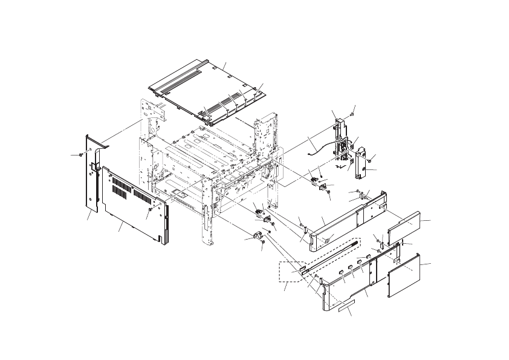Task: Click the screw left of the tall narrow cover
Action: coord(80,155)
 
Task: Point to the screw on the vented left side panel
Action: coord(148,210)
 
